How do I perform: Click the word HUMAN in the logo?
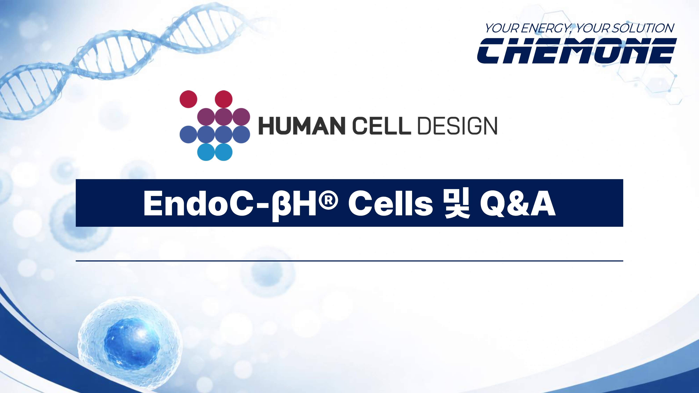coord(301,126)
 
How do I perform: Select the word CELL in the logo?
coord(381,126)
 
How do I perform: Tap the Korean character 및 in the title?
coord(456,203)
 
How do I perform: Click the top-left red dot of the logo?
coord(188,99)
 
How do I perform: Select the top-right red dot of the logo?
coord(224,99)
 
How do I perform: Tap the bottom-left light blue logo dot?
coord(206,152)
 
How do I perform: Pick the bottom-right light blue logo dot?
coord(224,152)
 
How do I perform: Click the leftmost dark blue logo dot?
coord(188,134)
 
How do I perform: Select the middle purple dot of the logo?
coord(224,117)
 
